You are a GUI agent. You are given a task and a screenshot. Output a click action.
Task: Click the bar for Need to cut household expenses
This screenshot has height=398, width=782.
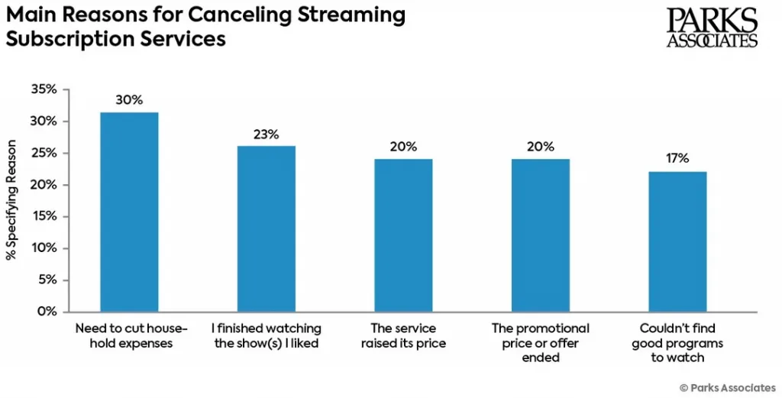(129, 212)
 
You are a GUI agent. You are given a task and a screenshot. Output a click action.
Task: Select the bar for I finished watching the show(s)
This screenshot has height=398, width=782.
(267, 228)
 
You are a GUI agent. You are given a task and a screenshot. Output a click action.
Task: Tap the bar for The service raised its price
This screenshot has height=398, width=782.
(403, 235)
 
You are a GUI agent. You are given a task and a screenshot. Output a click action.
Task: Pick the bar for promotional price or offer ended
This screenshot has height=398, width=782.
(541, 235)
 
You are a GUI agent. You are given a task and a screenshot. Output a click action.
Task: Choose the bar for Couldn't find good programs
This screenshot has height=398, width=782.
(677, 241)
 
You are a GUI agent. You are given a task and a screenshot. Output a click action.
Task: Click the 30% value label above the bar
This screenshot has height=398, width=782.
(129, 100)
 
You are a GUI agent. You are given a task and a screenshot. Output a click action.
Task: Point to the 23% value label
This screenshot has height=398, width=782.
(267, 134)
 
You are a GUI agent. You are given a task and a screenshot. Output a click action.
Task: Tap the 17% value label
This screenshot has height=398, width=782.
(677, 159)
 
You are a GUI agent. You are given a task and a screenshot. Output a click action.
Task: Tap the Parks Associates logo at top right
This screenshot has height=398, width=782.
(712, 28)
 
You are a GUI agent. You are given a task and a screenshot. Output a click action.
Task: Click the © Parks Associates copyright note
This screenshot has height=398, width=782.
(727, 387)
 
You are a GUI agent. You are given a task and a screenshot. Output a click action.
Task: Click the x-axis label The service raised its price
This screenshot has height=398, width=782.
(403, 336)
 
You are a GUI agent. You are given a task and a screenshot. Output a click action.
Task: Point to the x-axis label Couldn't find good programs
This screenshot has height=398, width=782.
(677, 343)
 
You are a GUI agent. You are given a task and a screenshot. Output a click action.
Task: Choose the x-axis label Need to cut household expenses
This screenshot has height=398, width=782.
(129, 336)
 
